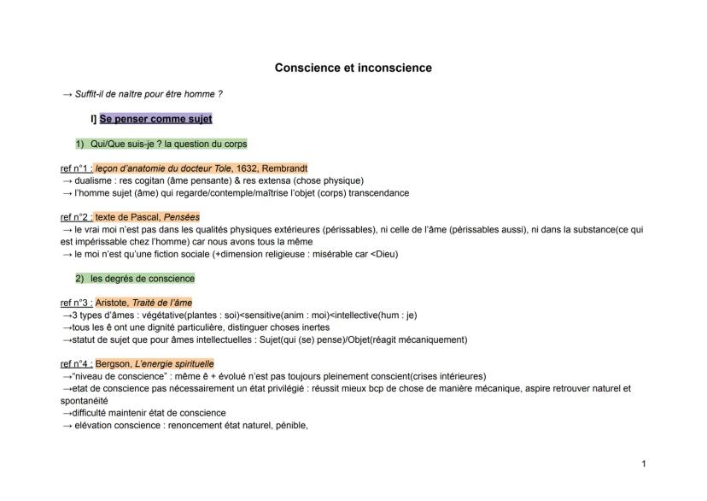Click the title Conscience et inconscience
pyautogui.click(x=353, y=67)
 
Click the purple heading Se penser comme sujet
pyautogui.click(x=155, y=119)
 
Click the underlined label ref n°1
pyautogui.click(x=75, y=168)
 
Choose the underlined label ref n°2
pyautogui.click(x=75, y=217)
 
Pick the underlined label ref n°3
pyautogui.click(x=75, y=303)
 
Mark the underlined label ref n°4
pyautogui.click(x=75, y=363)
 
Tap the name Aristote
pyautogui.click(x=112, y=303)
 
